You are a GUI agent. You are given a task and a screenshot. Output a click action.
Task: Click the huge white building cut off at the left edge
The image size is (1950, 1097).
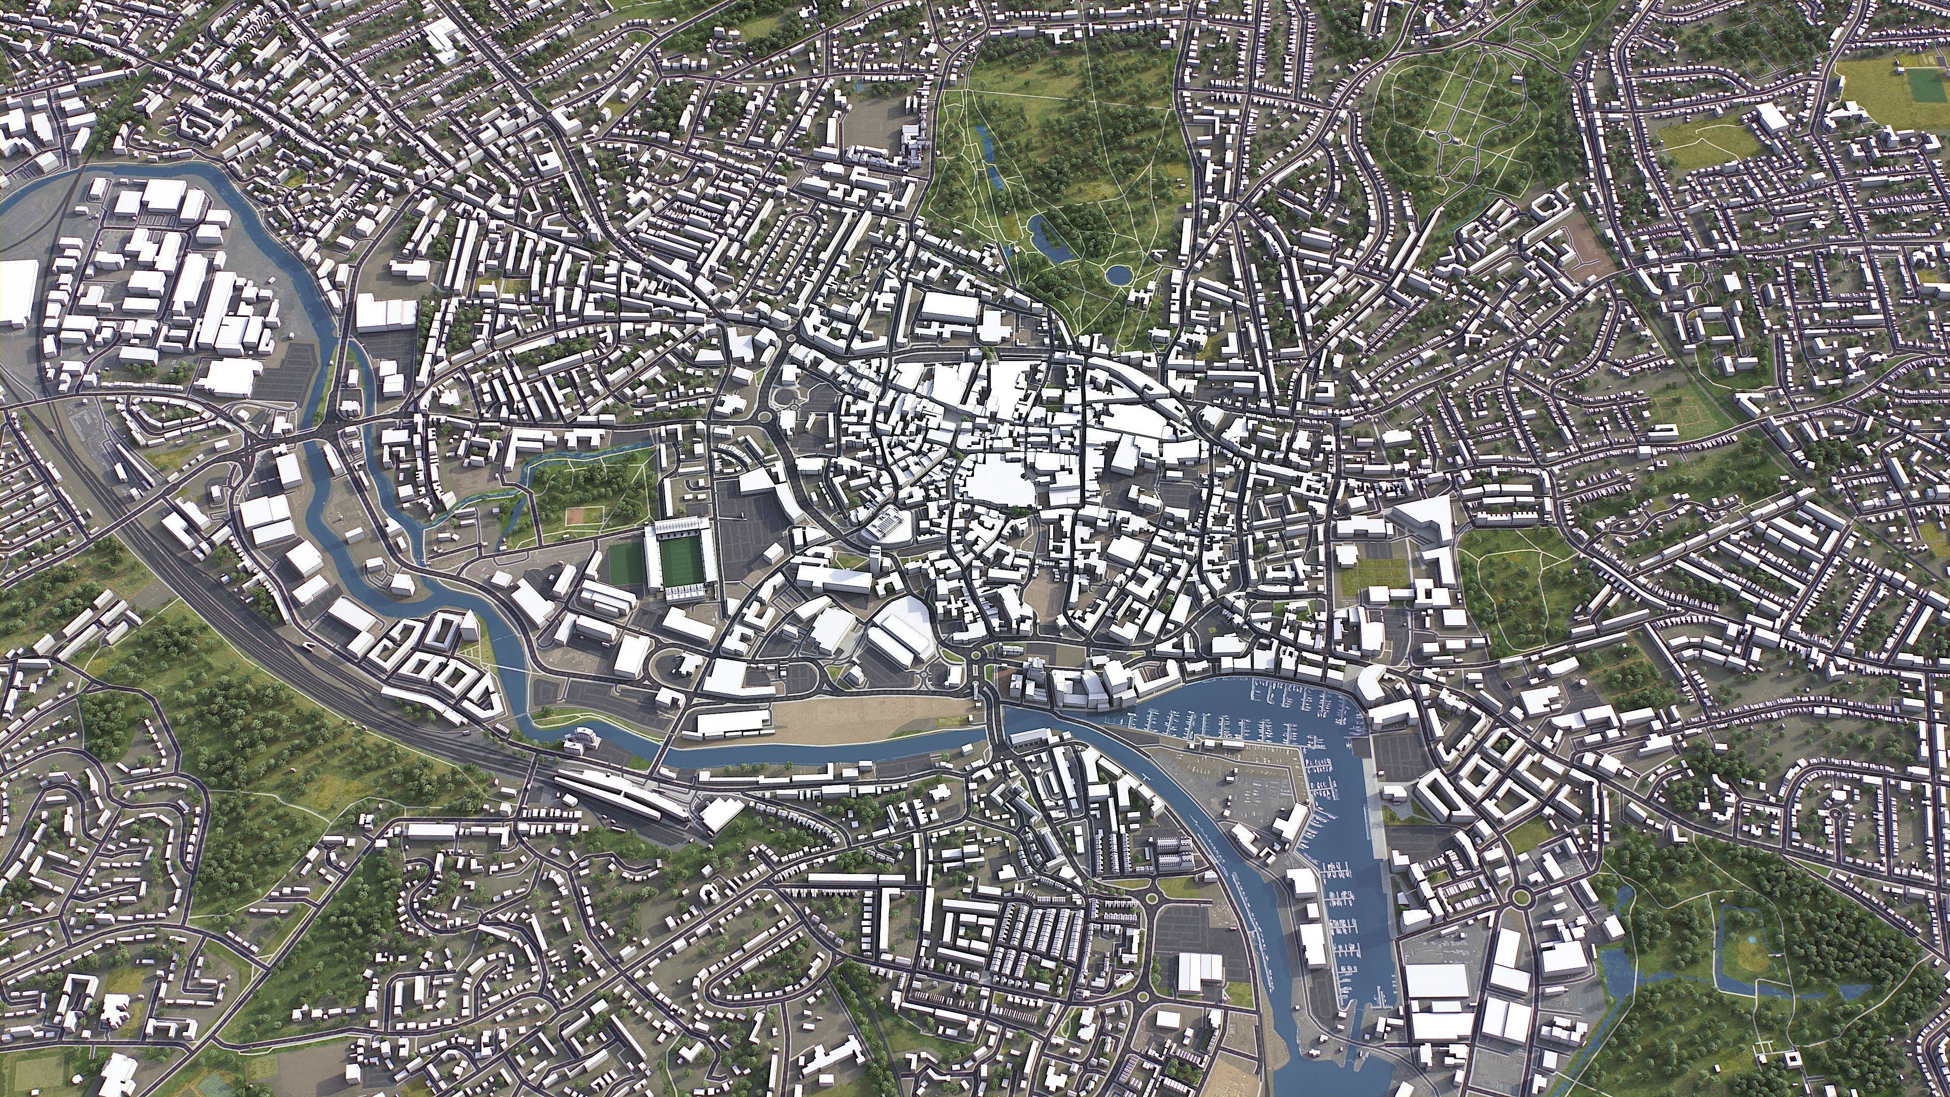[x=17, y=294]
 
